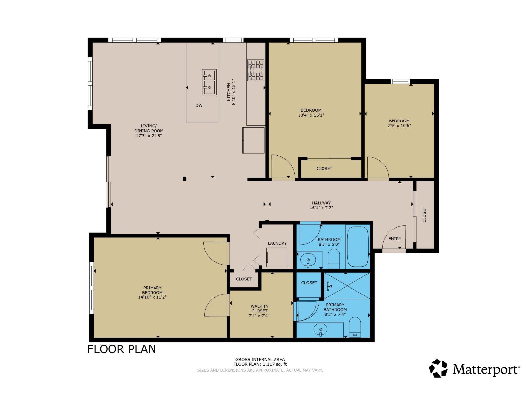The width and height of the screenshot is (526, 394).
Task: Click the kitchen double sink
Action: pyautogui.click(x=209, y=82)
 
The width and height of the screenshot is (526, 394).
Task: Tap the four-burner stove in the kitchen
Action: pyautogui.click(x=256, y=70)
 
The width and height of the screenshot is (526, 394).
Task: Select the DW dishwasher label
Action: pyautogui.click(x=199, y=105)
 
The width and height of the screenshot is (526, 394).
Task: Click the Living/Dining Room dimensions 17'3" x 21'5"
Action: pyautogui.click(x=149, y=136)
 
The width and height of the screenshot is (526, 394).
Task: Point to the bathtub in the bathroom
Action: pyautogui.click(x=358, y=246)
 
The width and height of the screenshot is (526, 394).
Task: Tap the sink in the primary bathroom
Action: pyautogui.click(x=320, y=329)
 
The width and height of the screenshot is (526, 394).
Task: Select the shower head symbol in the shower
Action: pyautogui.click(x=329, y=286)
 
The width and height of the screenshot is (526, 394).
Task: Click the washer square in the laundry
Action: pyautogui.click(x=277, y=257)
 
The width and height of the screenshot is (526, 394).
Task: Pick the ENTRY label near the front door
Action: pyautogui.click(x=394, y=239)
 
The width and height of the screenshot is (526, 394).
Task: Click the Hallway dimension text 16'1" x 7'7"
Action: pyautogui.click(x=321, y=208)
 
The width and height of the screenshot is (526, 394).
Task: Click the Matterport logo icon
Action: pyautogui.click(x=438, y=368)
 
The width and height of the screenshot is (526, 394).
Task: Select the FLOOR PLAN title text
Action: pyautogui.click(x=122, y=349)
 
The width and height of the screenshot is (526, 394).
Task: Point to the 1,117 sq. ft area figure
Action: pyautogui.click(x=274, y=364)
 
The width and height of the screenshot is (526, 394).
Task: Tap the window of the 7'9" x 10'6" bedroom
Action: pyautogui.click(x=400, y=81)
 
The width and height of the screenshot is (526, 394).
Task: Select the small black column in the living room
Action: pyautogui.click(x=185, y=179)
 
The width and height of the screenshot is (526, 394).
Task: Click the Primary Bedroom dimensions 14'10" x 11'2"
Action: pyautogui.click(x=152, y=297)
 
